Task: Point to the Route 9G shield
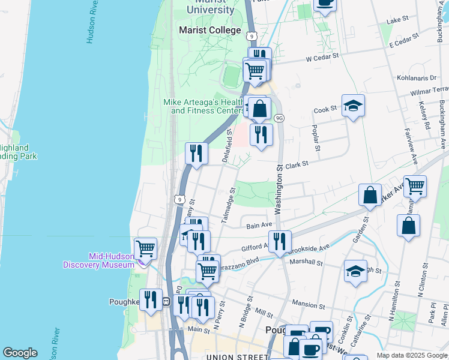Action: click(x=279, y=118)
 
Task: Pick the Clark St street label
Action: click(x=297, y=164)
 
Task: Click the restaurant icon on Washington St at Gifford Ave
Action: click(x=280, y=241)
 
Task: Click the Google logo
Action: click(x=20, y=353)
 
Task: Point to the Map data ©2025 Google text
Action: click(x=411, y=355)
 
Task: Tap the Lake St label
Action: click(x=398, y=20)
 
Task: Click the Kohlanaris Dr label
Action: click(x=417, y=78)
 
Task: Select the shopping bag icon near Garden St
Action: click(x=370, y=195)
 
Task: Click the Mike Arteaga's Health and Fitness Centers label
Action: click(x=204, y=106)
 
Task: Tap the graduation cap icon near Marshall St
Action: click(x=355, y=271)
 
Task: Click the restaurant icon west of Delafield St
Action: click(x=196, y=154)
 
